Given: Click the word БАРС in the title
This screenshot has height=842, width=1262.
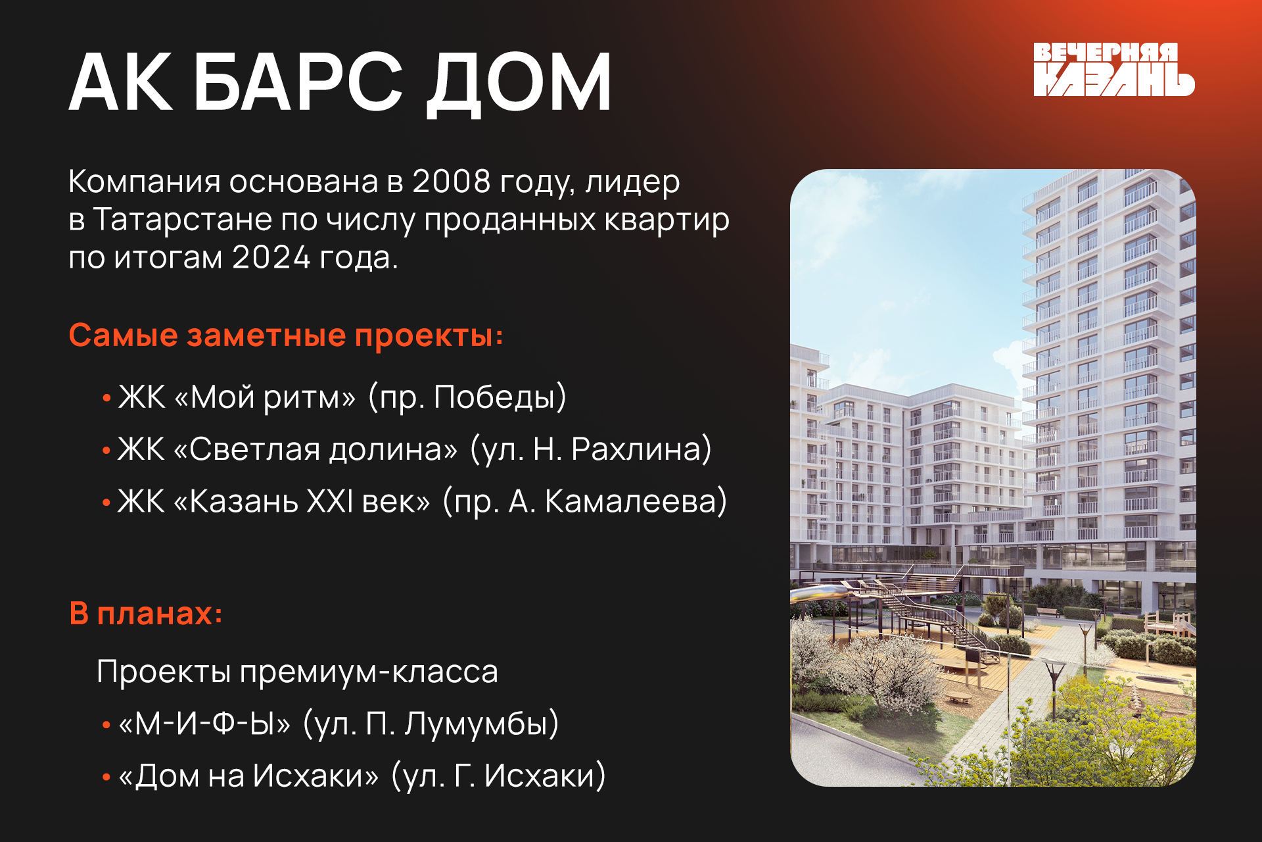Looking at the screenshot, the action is [x=298, y=82].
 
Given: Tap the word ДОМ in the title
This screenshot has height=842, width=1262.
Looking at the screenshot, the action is [x=519, y=84].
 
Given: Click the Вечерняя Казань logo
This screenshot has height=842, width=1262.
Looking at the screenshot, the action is [x=1113, y=70].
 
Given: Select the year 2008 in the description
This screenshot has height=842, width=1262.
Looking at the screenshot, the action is [x=451, y=182].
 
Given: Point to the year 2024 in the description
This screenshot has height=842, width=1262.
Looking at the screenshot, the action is [x=271, y=257].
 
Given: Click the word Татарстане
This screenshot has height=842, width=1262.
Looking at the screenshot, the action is [x=182, y=219].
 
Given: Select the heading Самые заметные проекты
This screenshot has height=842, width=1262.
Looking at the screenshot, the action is [x=286, y=335].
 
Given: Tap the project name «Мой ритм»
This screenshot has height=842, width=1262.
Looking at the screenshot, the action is [x=266, y=398].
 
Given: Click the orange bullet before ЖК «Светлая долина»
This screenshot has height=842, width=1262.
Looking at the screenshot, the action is [x=106, y=451].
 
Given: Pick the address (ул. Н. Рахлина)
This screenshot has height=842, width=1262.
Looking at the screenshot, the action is [x=591, y=449].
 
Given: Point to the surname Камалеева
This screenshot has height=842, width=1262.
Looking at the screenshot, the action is [x=635, y=501].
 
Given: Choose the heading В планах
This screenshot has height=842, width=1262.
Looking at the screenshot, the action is [x=146, y=614].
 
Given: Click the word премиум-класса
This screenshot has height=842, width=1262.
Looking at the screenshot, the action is [x=369, y=672].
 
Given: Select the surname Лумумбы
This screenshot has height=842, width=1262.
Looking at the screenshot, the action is [x=481, y=724].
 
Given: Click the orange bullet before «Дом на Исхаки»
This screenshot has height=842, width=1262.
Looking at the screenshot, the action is [x=106, y=778].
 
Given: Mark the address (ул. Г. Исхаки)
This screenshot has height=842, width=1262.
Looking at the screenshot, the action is [x=498, y=776].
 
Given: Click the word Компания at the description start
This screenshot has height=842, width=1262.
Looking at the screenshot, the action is [x=145, y=182].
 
